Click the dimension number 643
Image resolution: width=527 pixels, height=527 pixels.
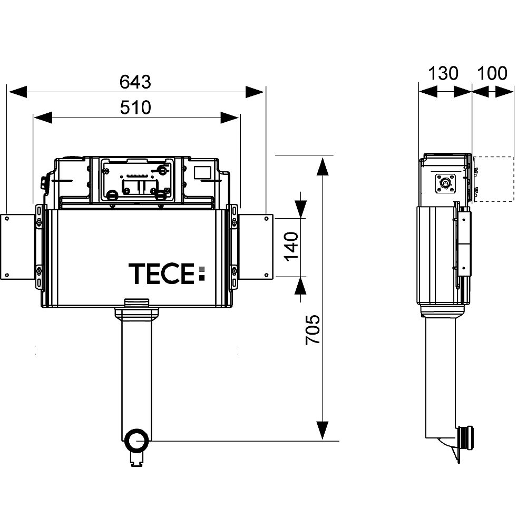pyautogui.click(x=135, y=82)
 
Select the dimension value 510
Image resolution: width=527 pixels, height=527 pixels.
pyautogui.click(x=135, y=108)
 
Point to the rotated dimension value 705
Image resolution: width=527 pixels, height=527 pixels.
pyautogui.click(x=313, y=330)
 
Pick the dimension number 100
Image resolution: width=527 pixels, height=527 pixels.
pyautogui.click(x=492, y=73)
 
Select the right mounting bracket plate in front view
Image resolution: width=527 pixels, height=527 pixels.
pyautogui.click(x=256, y=247)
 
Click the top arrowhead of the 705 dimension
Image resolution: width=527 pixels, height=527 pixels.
pyautogui.click(x=322, y=164)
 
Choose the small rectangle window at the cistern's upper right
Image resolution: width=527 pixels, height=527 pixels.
pyautogui.click(x=202, y=172)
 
